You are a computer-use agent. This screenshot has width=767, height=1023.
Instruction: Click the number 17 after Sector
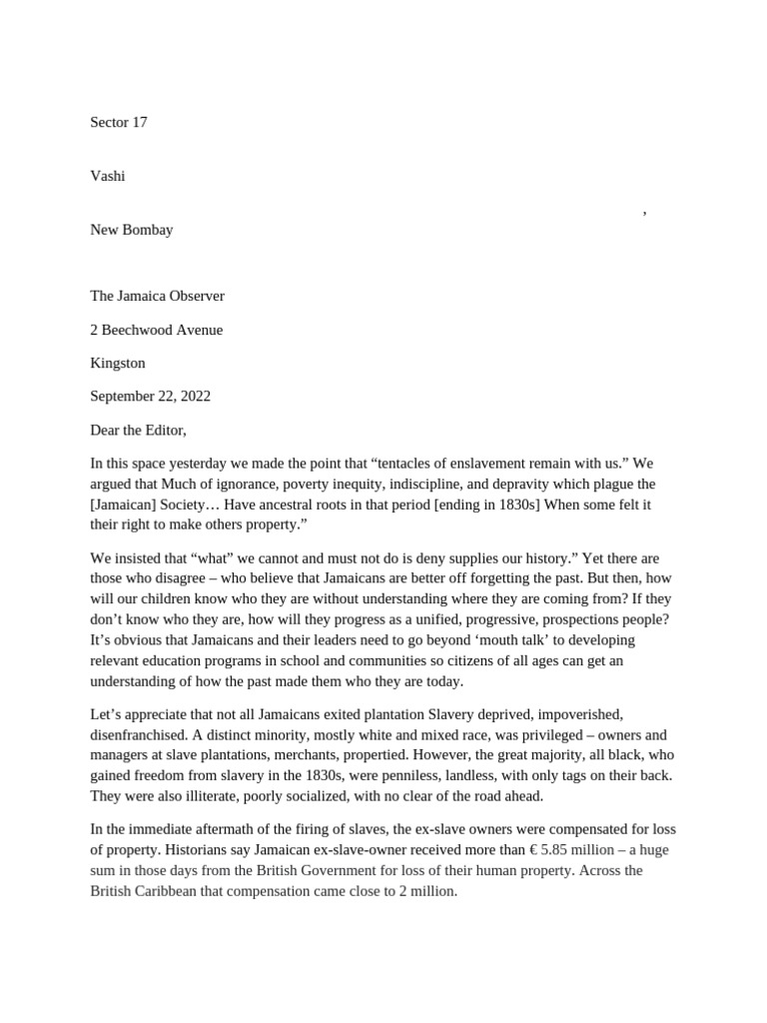tap(139, 122)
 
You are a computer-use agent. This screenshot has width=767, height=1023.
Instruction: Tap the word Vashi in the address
tap(108, 176)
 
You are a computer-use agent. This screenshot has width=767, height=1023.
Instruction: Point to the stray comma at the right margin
tap(644, 212)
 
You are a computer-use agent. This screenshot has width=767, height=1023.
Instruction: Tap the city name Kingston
tap(118, 363)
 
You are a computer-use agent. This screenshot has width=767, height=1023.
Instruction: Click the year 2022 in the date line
tap(193, 397)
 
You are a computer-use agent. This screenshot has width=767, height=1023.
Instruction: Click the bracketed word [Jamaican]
tap(124, 505)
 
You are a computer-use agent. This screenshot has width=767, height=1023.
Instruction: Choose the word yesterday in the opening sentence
tap(191, 464)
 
